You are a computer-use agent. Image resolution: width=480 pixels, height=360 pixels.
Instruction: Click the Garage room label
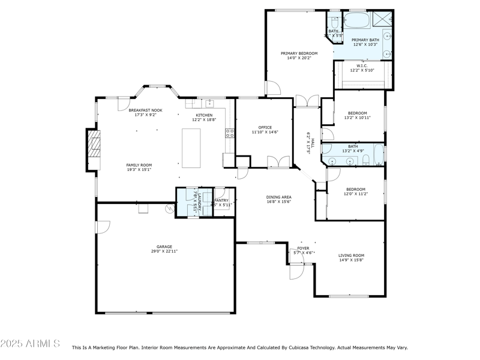[x=164, y=247]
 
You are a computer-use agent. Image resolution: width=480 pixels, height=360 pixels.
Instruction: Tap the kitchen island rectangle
[x=191, y=148]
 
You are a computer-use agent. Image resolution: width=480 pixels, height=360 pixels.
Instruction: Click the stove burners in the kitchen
[x=229, y=133]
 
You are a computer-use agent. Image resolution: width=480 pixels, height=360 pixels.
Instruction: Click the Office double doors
[x=277, y=163]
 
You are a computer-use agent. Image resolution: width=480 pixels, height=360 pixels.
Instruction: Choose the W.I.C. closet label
[x=362, y=66]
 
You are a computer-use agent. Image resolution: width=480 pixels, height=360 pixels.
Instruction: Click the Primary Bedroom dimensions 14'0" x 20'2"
[x=299, y=59]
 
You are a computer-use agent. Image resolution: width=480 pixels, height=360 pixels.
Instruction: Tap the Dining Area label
[x=279, y=197]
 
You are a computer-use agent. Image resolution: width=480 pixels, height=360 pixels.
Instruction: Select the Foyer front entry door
[x=295, y=271]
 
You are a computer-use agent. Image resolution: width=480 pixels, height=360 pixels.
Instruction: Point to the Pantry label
[x=221, y=200]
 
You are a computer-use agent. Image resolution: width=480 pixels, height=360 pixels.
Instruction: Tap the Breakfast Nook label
[x=145, y=110]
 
